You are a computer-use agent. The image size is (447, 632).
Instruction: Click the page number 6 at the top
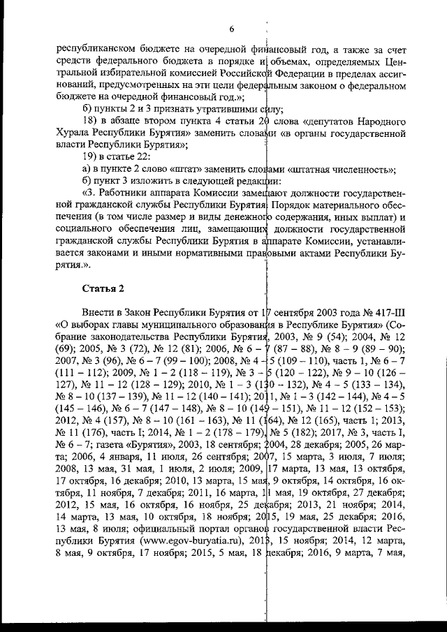point(231,28)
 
